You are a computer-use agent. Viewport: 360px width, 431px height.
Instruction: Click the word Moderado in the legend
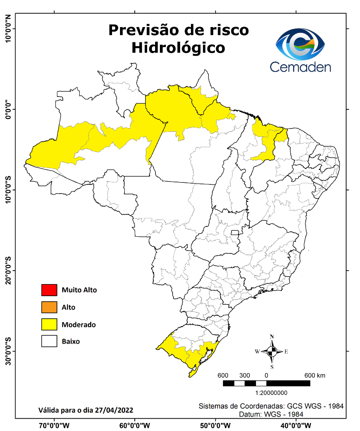[x=79, y=325]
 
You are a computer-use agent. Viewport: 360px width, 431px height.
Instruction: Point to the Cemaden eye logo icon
[x=301, y=44]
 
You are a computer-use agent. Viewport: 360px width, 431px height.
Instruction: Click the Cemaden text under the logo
[x=300, y=67]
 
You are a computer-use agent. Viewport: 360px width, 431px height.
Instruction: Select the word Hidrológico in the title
[x=178, y=48]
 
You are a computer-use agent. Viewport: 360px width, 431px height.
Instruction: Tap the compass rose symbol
[x=272, y=351]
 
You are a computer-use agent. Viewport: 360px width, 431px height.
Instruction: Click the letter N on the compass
[x=272, y=336]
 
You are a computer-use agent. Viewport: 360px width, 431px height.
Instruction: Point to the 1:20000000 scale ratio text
[x=271, y=393]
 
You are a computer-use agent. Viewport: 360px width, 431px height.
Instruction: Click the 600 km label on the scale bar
[x=315, y=376]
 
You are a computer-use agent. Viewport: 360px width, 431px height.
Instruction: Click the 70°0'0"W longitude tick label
[x=54, y=425]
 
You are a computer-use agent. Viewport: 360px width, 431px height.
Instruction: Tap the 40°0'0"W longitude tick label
[x=296, y=425]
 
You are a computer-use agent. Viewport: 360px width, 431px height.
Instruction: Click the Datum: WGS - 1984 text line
[x=271, y=414]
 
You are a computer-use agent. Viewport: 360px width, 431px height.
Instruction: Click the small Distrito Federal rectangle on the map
[x=235, y=233]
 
